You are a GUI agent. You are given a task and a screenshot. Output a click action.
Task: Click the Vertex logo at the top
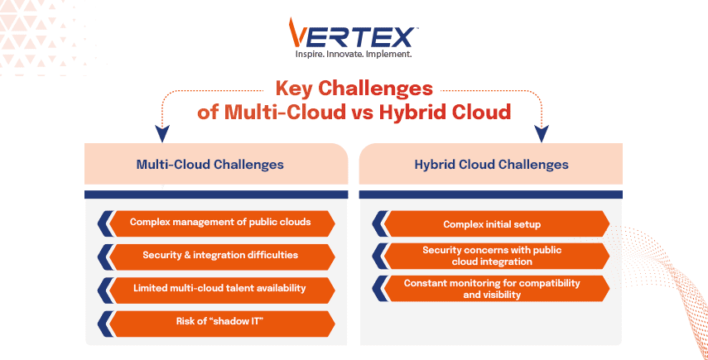click(x=354, y=35)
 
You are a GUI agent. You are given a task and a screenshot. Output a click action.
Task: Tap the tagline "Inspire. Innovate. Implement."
click(x=354, y=55)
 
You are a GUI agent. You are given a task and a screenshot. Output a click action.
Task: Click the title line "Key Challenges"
click(x=354, y=89)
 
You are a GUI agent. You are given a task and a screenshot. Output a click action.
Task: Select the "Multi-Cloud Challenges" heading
click(x=210, y=164)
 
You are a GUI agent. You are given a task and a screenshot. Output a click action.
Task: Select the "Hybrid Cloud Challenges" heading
click(x=491, y=164)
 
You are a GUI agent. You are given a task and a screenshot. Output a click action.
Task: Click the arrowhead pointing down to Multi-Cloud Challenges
click(x=163, y=133)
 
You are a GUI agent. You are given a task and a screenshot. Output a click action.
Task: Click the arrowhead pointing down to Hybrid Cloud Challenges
click(x=543, y=133)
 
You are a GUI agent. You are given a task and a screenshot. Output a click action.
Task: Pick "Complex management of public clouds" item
click(x=220, y=223)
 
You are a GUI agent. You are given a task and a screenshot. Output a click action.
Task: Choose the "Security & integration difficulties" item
click(x=220, y=256)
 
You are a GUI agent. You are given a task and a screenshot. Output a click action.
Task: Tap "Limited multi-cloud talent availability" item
click(x=220, y=289)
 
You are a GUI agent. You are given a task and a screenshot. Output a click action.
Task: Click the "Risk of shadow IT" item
click(x=220, y=322)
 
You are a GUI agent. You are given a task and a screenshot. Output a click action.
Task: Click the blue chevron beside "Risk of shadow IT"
click(x=104, y=322)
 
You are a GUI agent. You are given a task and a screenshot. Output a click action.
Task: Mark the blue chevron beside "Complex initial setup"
click(x=379, y=223)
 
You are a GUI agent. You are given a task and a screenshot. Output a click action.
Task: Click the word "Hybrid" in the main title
click(x=409, y=112)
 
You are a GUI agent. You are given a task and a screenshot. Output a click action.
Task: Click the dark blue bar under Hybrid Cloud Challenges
click(x=490, y=194)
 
